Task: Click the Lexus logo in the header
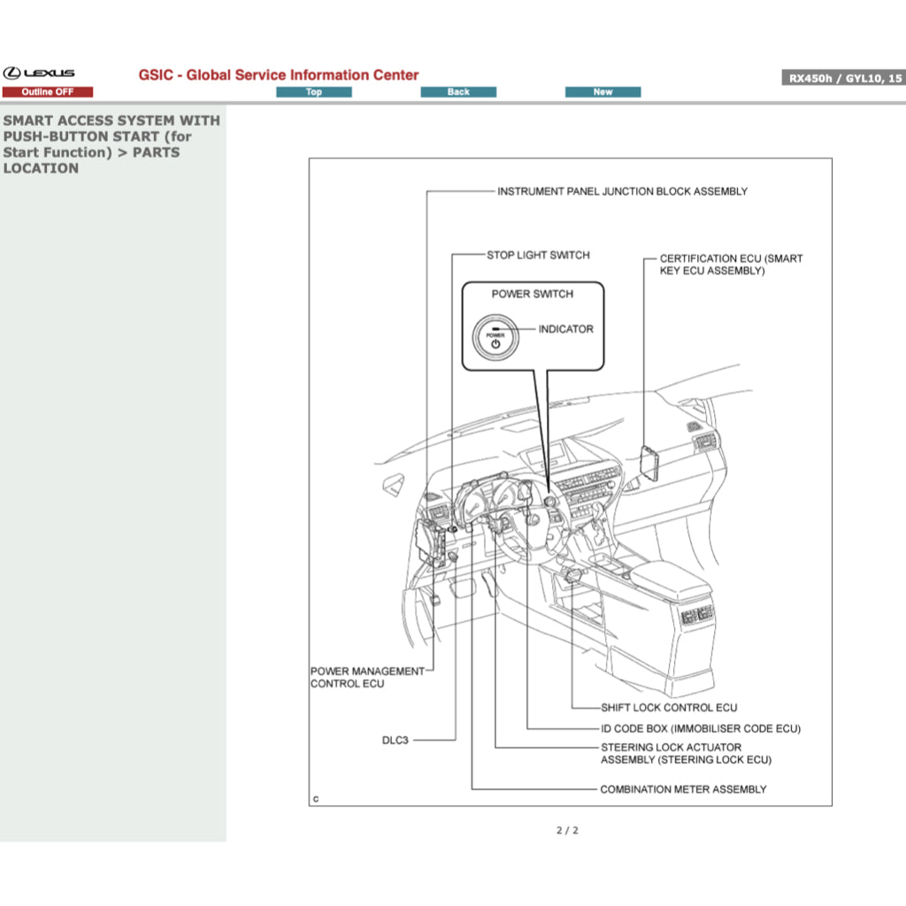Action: pos(39,73)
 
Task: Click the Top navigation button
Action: pos(314,92)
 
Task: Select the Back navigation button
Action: pos(458,92)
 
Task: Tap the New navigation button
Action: pos(603,92)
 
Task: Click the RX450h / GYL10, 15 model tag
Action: pos(843,78)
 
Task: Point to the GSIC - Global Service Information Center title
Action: pos(279,75)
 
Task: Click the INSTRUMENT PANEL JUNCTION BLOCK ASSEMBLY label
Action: pos(622,191)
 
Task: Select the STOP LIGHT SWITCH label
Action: pos(538,255)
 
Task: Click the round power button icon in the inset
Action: pos(495,340)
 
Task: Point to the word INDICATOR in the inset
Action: pos(566,329)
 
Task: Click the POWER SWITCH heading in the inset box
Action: pos(533,294)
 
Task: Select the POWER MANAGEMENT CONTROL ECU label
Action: pos(367,678)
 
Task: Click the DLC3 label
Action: pos(395,740)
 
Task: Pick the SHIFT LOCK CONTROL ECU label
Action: pos(669,708)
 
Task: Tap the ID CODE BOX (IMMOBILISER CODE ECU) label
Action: pos(701,729)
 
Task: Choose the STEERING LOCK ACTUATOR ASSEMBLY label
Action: pos(686,754)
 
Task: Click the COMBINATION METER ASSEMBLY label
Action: pos(684,789)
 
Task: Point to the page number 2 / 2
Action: pos(567,830)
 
